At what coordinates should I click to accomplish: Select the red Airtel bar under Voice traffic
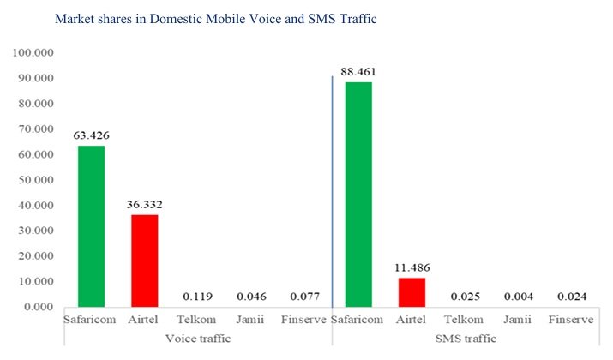144,261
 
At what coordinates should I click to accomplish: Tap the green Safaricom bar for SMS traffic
358,194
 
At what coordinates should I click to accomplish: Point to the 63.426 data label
91,135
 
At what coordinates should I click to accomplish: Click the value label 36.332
144,204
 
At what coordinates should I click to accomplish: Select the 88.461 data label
358,71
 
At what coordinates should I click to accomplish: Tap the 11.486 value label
412,267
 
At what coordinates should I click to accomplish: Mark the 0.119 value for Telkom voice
197,297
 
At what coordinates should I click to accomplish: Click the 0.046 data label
250,297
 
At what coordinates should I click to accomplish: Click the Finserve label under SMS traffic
570,321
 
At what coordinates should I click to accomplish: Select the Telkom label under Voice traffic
197,321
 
